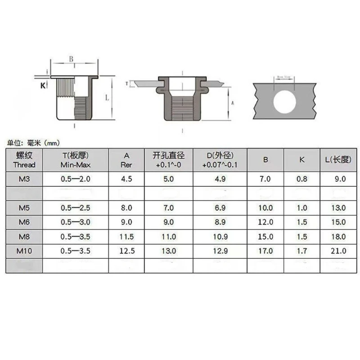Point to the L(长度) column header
337,159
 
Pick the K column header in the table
301,159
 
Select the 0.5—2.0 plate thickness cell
76,179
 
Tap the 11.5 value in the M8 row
127,236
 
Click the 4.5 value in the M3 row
127,179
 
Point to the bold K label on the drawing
43,85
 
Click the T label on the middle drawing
127,84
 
